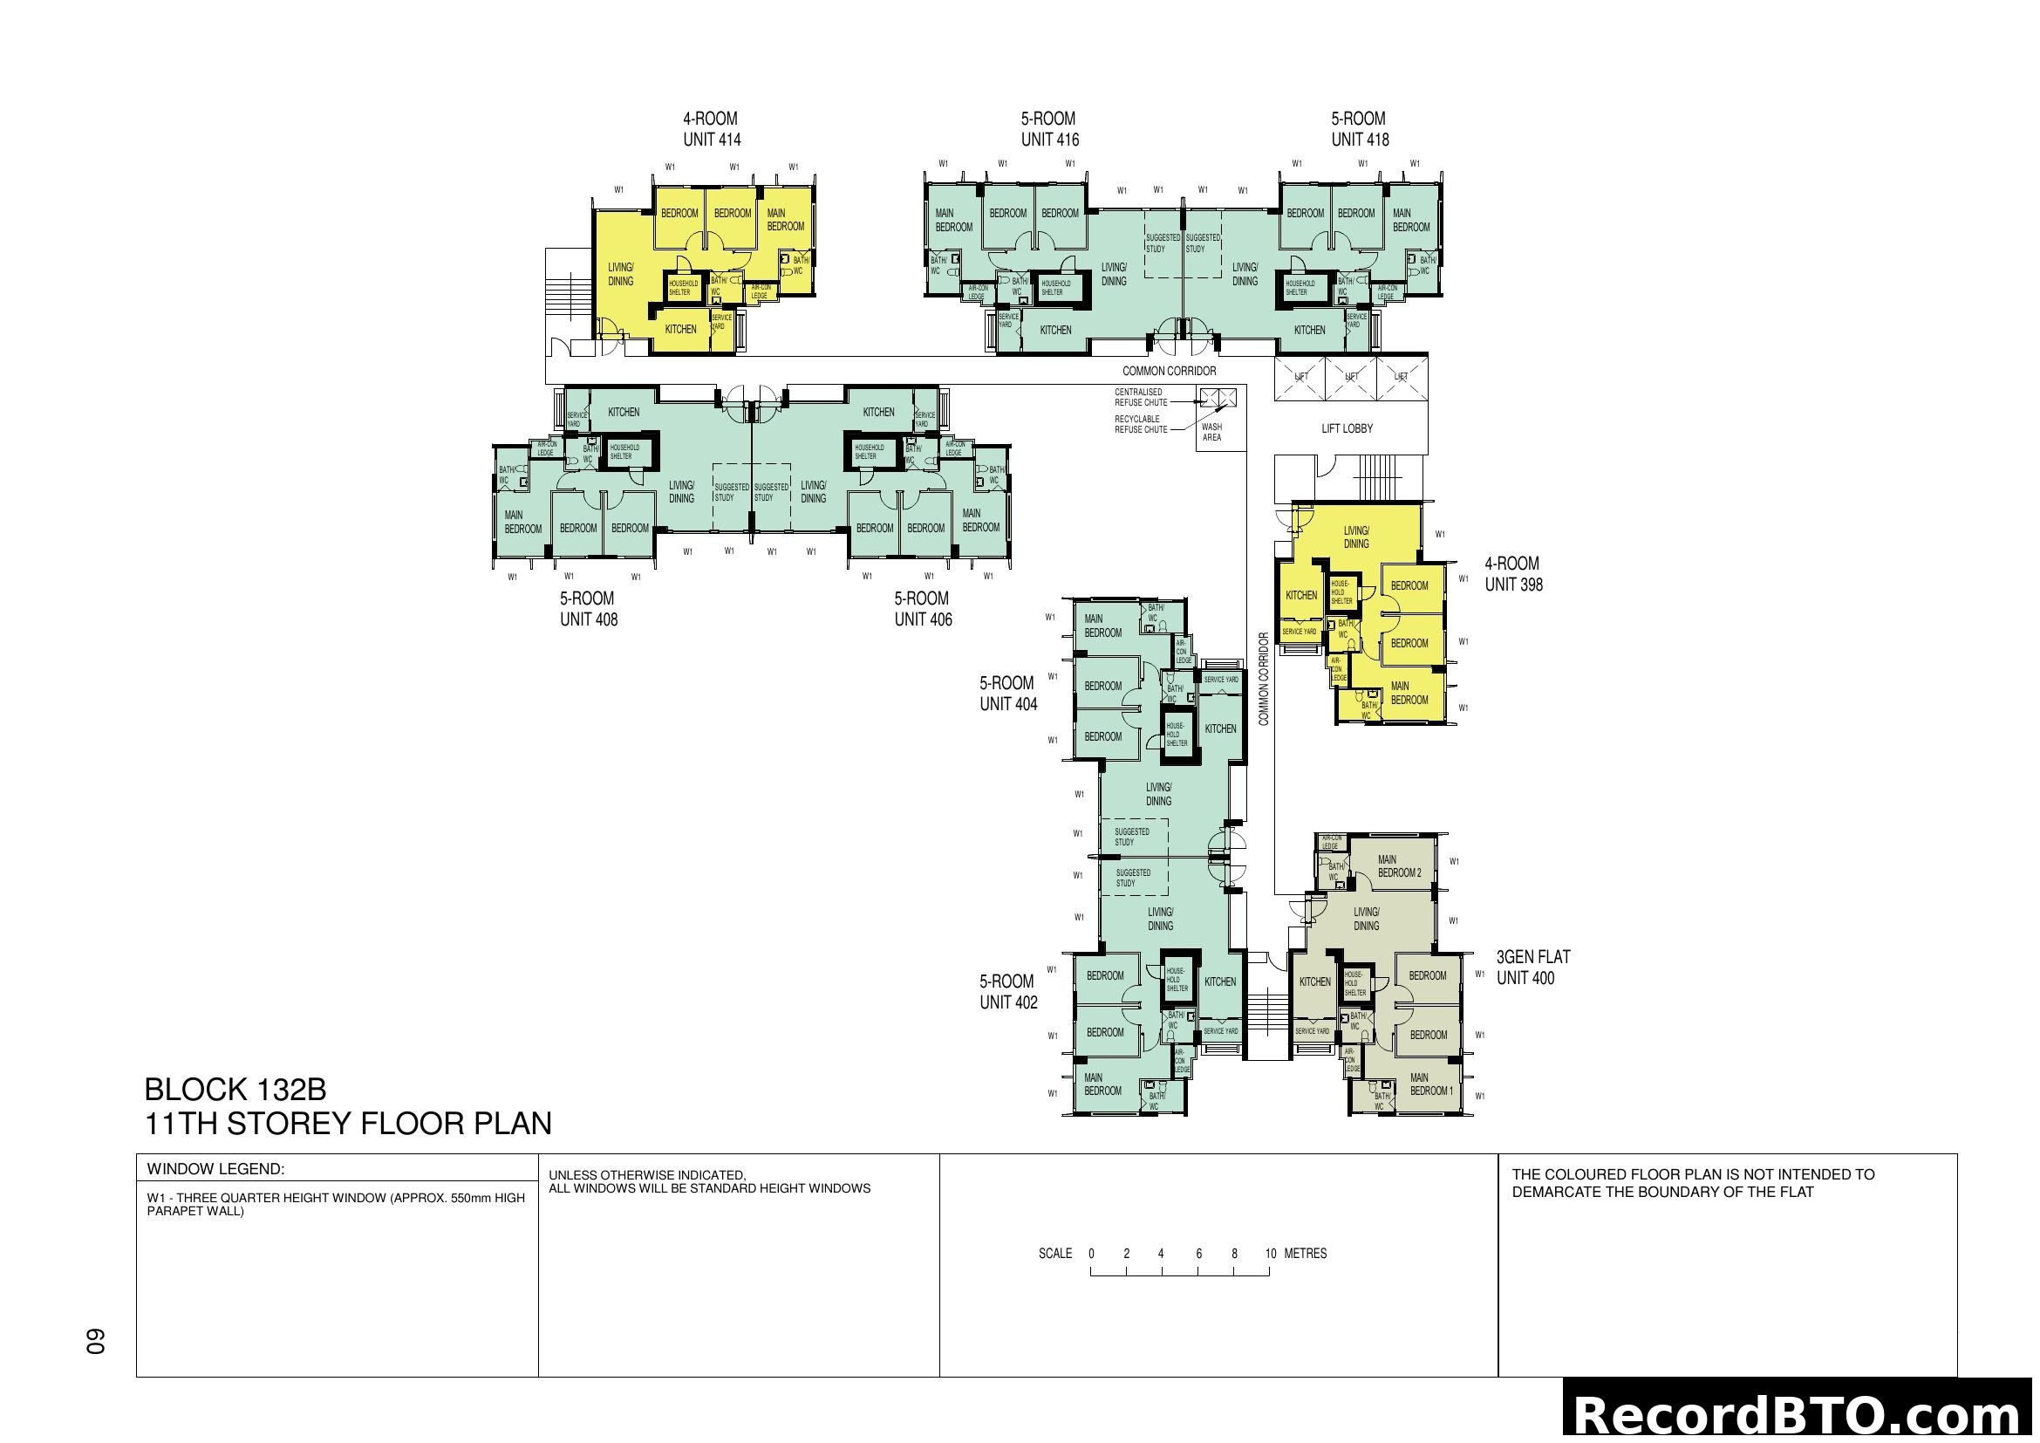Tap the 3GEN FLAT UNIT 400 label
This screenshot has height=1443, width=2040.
pos(1532,967)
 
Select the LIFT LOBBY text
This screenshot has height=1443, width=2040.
pos(1346,428)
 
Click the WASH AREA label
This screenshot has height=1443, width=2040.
pos(1211,432)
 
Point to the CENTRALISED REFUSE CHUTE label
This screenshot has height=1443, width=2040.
pos(1140,397)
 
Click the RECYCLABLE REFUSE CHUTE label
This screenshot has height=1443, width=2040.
pos(1140,424)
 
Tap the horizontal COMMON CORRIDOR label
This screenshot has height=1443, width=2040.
pos(1169,371)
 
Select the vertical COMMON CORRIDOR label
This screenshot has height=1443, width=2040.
pos(1264,679)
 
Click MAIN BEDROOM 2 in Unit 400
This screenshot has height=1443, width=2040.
pos(1398,865)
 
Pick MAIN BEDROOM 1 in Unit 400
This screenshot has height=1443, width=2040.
pos(1430,1084)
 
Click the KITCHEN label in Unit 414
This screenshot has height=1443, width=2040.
pos(680,329)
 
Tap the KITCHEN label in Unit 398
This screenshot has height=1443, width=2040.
pos(1300,595)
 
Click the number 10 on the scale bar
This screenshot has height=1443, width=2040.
pos(1271,1254)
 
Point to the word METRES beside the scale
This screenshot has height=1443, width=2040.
pos(1306,1254)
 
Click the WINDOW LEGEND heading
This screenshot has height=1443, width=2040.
pos(215,1168)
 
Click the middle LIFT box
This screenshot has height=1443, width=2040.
pos(1350,377)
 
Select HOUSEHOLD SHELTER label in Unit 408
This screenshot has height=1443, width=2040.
pos(624,451)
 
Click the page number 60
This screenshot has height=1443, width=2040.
pos(95,1341)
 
